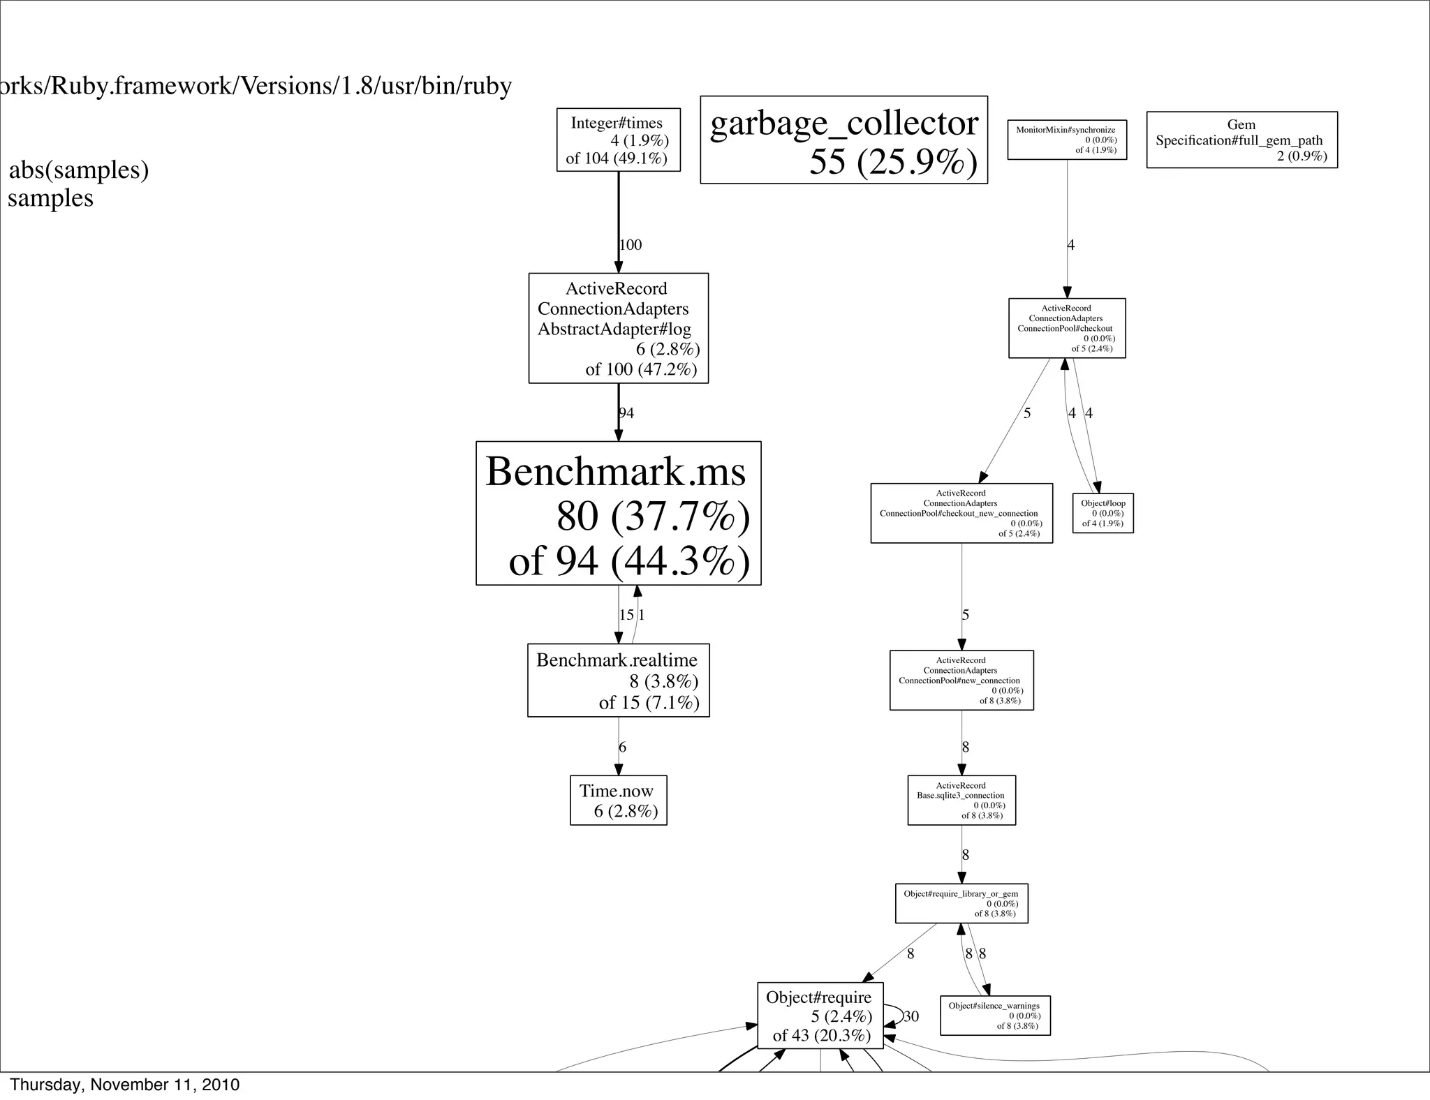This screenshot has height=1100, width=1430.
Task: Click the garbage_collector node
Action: click(x=843, y=140)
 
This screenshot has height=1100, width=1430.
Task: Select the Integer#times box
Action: click(x=618, y=140)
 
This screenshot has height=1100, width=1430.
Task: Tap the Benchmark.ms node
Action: click(x=618, y=513)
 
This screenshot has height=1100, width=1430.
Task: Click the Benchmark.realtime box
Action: click(x=618, y=680)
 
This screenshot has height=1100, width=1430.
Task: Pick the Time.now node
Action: click(x=618, y=800)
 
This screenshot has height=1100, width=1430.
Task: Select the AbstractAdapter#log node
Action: click(x=618, y=328)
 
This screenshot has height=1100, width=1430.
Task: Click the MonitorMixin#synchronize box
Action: click(x=1067, y=140)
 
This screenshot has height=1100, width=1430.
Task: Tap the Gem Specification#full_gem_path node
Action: click(x=1241, y=140)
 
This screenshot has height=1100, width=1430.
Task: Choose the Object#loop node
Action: click(x=1103, y=513)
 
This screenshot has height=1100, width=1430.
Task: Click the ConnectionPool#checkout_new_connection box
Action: click(x=961, y=513)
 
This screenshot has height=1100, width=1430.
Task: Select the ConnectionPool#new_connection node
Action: click(x=961, y=680)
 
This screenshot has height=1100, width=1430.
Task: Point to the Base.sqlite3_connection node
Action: click(x=961, y=800)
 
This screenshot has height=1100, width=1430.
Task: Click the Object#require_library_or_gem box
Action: click(x=961, y=903)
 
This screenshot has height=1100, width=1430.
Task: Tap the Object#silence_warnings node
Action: click(x=995, y=1016)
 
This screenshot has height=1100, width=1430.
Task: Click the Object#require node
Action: click(x=820, y=1016)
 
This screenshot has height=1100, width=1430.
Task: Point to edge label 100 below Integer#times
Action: click(x=631, y=245)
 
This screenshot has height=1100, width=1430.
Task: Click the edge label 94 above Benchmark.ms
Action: click(x=626, y=413)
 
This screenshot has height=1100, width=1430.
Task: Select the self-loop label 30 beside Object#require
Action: click(x=911, y=1016)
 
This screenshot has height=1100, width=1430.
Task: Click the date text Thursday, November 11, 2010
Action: click(x=125, y=1085)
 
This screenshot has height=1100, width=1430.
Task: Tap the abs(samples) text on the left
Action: click(x=79, y=170)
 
